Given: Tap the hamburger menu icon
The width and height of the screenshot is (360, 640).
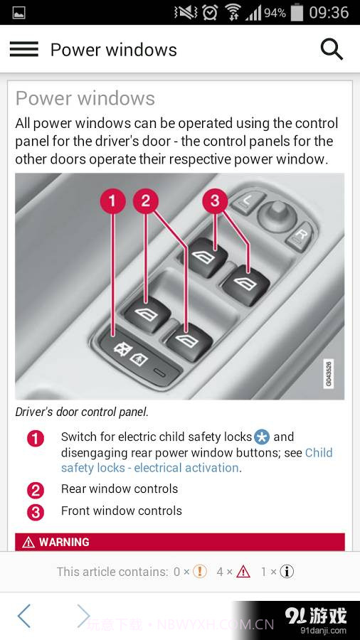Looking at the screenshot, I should click(23, 49).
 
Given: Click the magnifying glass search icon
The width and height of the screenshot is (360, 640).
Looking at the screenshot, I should click(332, 49).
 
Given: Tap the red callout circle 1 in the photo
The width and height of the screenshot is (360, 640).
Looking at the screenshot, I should click(112, 201).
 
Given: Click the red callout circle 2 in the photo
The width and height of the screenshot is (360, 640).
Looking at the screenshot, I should click(146, 201).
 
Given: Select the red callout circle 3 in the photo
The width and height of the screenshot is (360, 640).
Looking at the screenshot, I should click(215, 201).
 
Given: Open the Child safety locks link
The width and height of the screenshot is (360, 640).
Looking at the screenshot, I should click(196, 460).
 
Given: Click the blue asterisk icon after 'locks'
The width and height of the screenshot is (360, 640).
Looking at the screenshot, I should click(262, 437).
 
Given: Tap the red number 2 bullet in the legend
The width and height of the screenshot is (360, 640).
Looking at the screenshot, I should click(36, 490).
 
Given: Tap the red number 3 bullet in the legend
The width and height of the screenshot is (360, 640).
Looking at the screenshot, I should click(36, 512).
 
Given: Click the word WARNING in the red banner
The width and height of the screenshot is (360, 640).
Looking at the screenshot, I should click(64, 543).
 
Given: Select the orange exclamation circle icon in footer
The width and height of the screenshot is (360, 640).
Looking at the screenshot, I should click(200, 572).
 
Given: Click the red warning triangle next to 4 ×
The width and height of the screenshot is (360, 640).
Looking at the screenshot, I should click(243, 572).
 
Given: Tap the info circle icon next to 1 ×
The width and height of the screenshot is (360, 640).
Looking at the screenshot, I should click(287, 572).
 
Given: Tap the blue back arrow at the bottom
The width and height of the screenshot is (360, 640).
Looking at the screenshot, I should click(24, 616).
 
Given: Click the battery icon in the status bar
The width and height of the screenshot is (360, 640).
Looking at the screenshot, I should click(297, 12).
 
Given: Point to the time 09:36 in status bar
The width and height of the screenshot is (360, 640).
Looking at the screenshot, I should click(329, 12).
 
